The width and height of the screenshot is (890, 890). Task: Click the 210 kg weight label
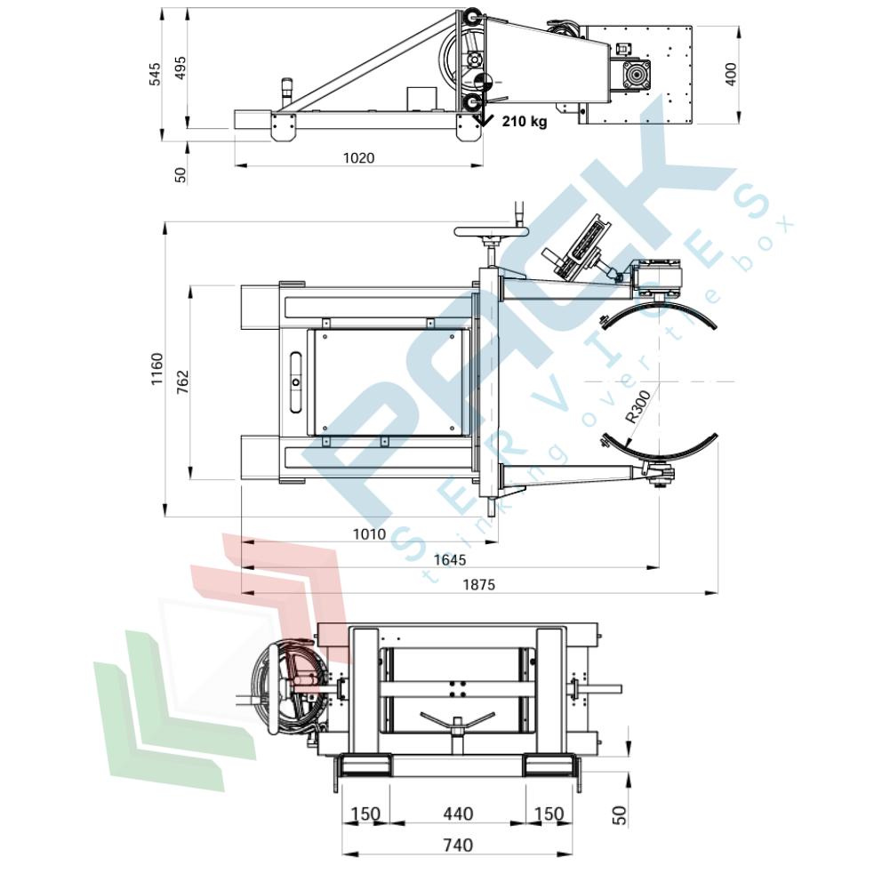click(525, 121)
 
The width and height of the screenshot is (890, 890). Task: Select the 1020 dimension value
click(358, 157)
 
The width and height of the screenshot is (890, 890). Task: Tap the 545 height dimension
click(155, 75)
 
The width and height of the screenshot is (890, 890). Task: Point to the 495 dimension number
click(180, 68)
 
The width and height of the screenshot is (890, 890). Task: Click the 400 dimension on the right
click(731, 75)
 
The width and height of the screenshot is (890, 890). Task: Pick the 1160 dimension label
click(156, 369)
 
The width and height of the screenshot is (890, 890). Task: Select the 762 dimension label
click(182, 382)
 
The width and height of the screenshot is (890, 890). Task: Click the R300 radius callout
click(637, 407)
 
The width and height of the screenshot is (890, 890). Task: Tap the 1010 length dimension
click(369, 534)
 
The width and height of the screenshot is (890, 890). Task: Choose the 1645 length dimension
click(450, 560)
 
